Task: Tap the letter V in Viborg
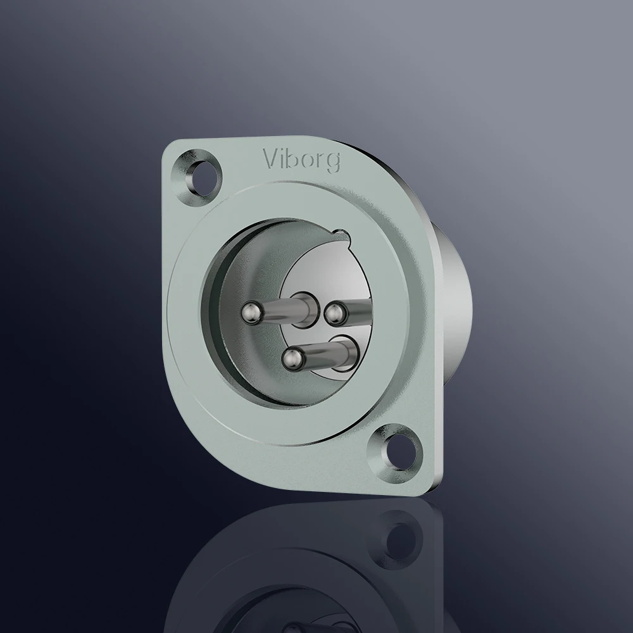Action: pos(270,158)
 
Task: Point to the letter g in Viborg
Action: pos(333,162)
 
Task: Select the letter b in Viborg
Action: pos(295,158)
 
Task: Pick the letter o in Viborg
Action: pos(310,161)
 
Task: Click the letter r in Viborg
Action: pos(321,161)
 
